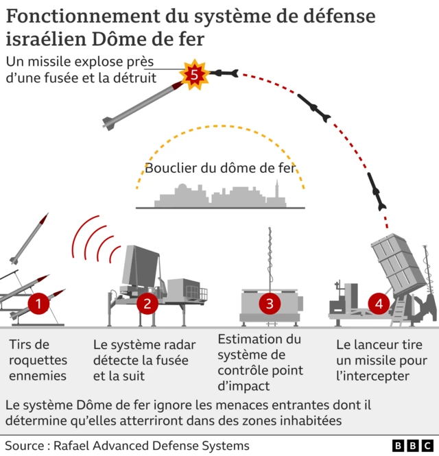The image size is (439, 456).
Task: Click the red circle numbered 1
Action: coord(38,302)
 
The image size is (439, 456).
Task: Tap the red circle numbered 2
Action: coord(147,302)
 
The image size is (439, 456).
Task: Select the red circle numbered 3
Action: coord(269,302)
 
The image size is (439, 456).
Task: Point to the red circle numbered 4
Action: coord(378,302)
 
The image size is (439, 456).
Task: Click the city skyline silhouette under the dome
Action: coord(219,197)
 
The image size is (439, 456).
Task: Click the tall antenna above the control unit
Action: coord(269,254)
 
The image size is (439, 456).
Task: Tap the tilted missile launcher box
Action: coord(398,264)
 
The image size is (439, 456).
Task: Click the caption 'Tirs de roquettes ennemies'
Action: coord(38,360)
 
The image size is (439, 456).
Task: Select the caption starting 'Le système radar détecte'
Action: coord(144,360)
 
